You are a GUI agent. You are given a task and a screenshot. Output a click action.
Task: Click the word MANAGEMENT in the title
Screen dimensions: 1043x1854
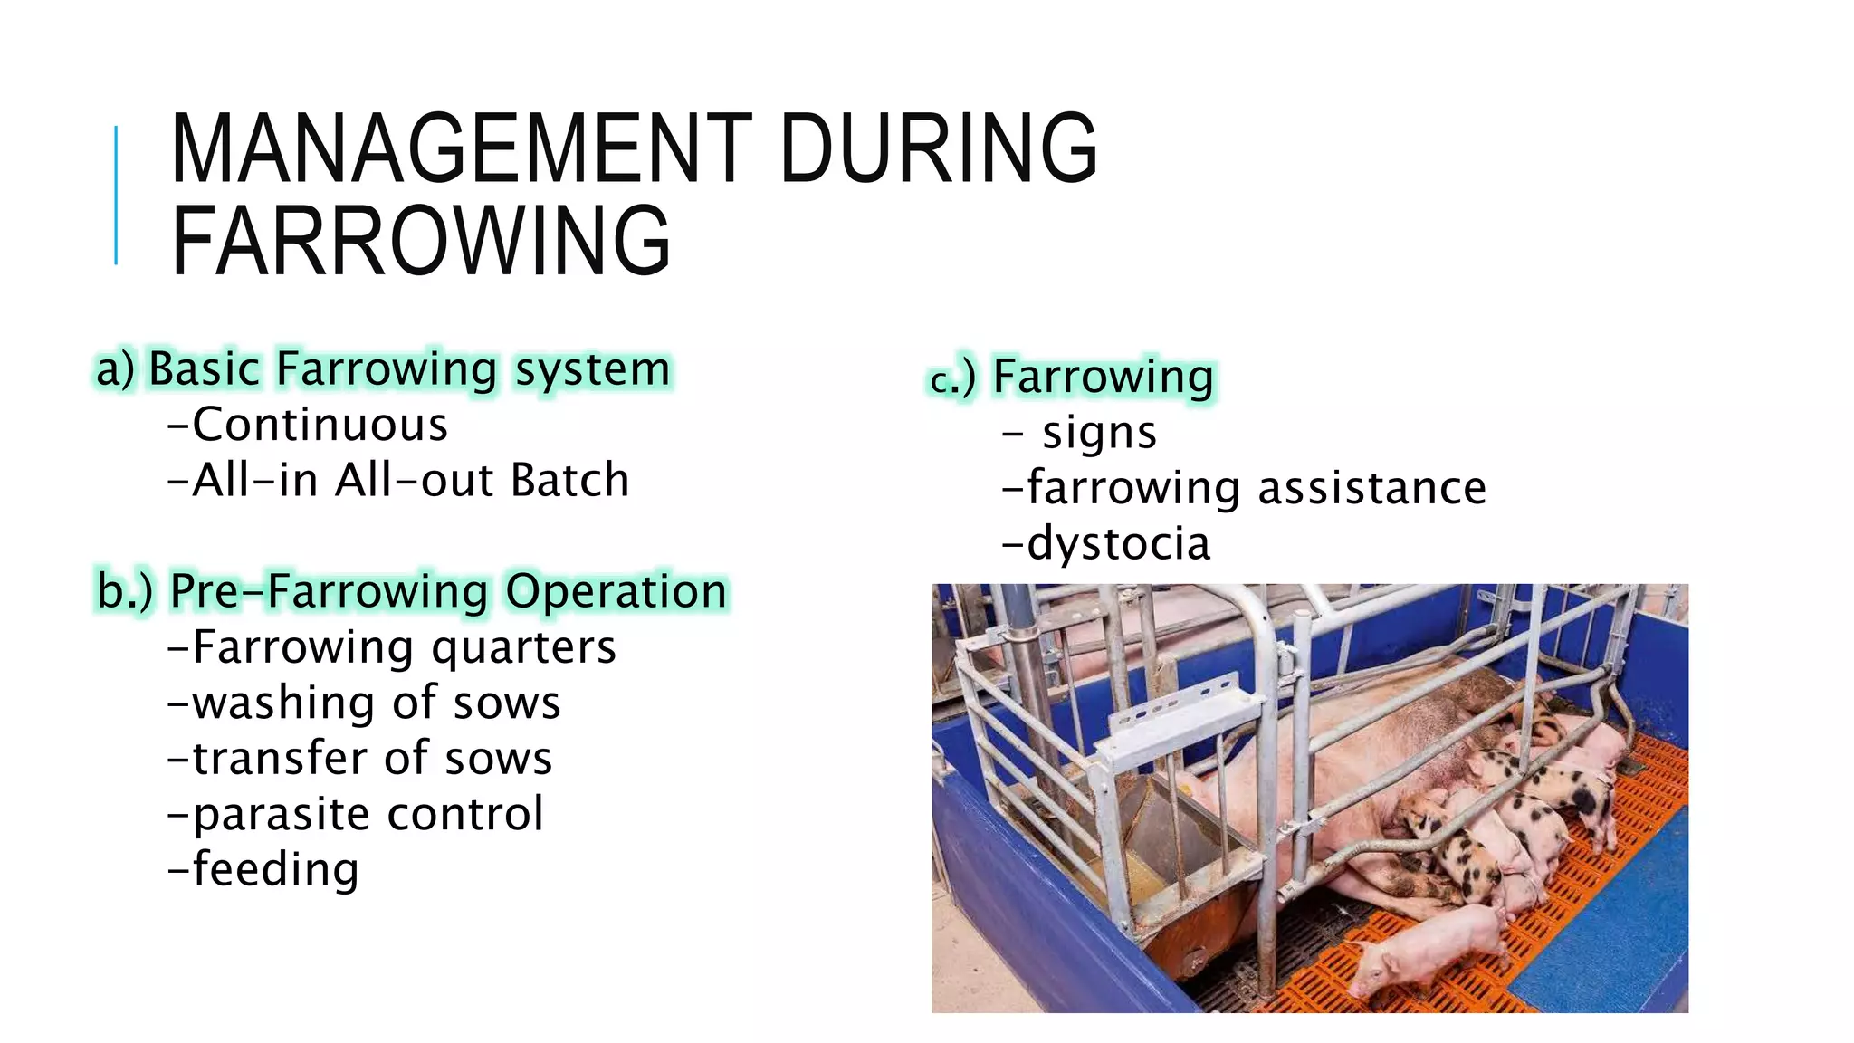pyautogui.click(x=460, y=148)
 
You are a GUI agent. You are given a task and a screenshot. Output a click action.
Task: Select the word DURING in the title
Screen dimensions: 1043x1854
pyautogui.click(x=938, y=148)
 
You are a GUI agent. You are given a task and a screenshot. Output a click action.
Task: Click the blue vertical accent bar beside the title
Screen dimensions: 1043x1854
pyautogui.click(x=116, y=196)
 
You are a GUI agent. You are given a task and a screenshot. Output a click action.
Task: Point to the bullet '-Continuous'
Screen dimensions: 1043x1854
pyautogui.click(x=308, y=425)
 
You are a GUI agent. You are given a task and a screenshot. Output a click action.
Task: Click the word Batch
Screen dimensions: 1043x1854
pyautogui.click(x=569, y=480)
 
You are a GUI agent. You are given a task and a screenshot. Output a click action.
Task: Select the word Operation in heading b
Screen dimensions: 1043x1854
pyautogui.click(x=616, y=591)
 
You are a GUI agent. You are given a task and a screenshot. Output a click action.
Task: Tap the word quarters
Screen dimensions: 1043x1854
pyautogui.click(x=523, y=647)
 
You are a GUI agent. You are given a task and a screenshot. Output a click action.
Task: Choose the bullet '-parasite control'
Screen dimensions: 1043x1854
pyautogui.click(x=356, y=814)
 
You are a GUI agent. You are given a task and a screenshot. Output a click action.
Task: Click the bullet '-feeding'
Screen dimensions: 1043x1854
pyautogui.click(x=263, y=869)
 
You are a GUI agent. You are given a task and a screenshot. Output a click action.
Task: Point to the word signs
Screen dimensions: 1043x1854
pyautogui.click(x=1099, y=433)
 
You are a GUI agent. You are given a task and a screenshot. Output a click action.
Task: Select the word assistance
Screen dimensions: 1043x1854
pyautogui.click(x=1371, y=489)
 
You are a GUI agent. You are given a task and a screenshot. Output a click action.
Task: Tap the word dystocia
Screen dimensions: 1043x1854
pyautogui.click(x=1118, y=544)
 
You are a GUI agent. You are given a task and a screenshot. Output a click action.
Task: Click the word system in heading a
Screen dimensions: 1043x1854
pyautogui.click(x=593, y=369)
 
